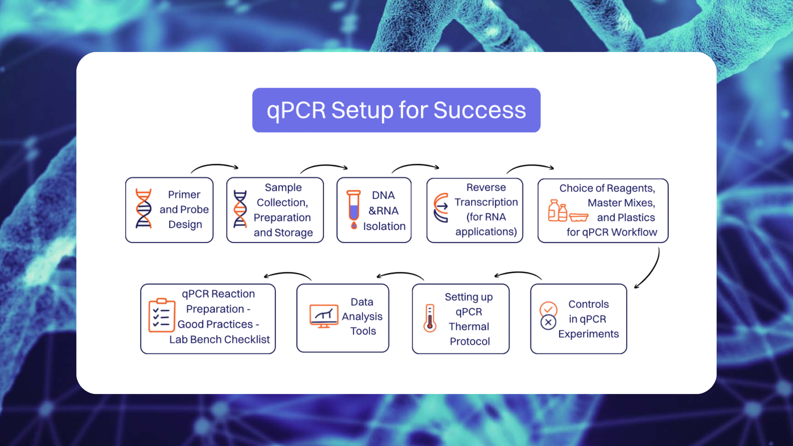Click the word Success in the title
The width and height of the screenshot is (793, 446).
pyautogui.click(x=480, y=110)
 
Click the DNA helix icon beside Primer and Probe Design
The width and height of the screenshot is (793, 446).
pyautogui.click(x=144, y=209)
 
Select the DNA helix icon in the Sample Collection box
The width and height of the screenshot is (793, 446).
pyautogui.click(x=240, y=209)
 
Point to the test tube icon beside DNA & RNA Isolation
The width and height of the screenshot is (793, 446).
pyautogui.click(x=354, y=209)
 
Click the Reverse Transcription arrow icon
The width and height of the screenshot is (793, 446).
pyautogui.click(x=441, y=208)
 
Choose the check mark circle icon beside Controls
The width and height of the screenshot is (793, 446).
pyautogui.click(x=548, y=309)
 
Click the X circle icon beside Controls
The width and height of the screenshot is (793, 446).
pyautogui.click(x=548, y=322)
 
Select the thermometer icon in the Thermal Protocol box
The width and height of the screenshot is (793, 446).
pyautogui.click(x=430, y=318)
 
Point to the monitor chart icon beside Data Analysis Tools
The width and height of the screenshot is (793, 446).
pyautogui.click(x=324, y=316)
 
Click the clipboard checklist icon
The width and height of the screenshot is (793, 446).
pyautogui.click(x=161, y=316)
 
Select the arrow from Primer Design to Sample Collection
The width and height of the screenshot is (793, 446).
pyautogui.click(x=215, y=166)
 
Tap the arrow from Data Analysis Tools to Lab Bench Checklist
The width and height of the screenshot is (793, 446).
pyautogui.click(x=287, y=274)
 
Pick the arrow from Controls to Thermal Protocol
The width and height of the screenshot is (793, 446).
pyautogui.click(x=518, y=273)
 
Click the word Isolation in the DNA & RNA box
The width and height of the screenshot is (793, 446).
pyautogui.click(x=384, y=226)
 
